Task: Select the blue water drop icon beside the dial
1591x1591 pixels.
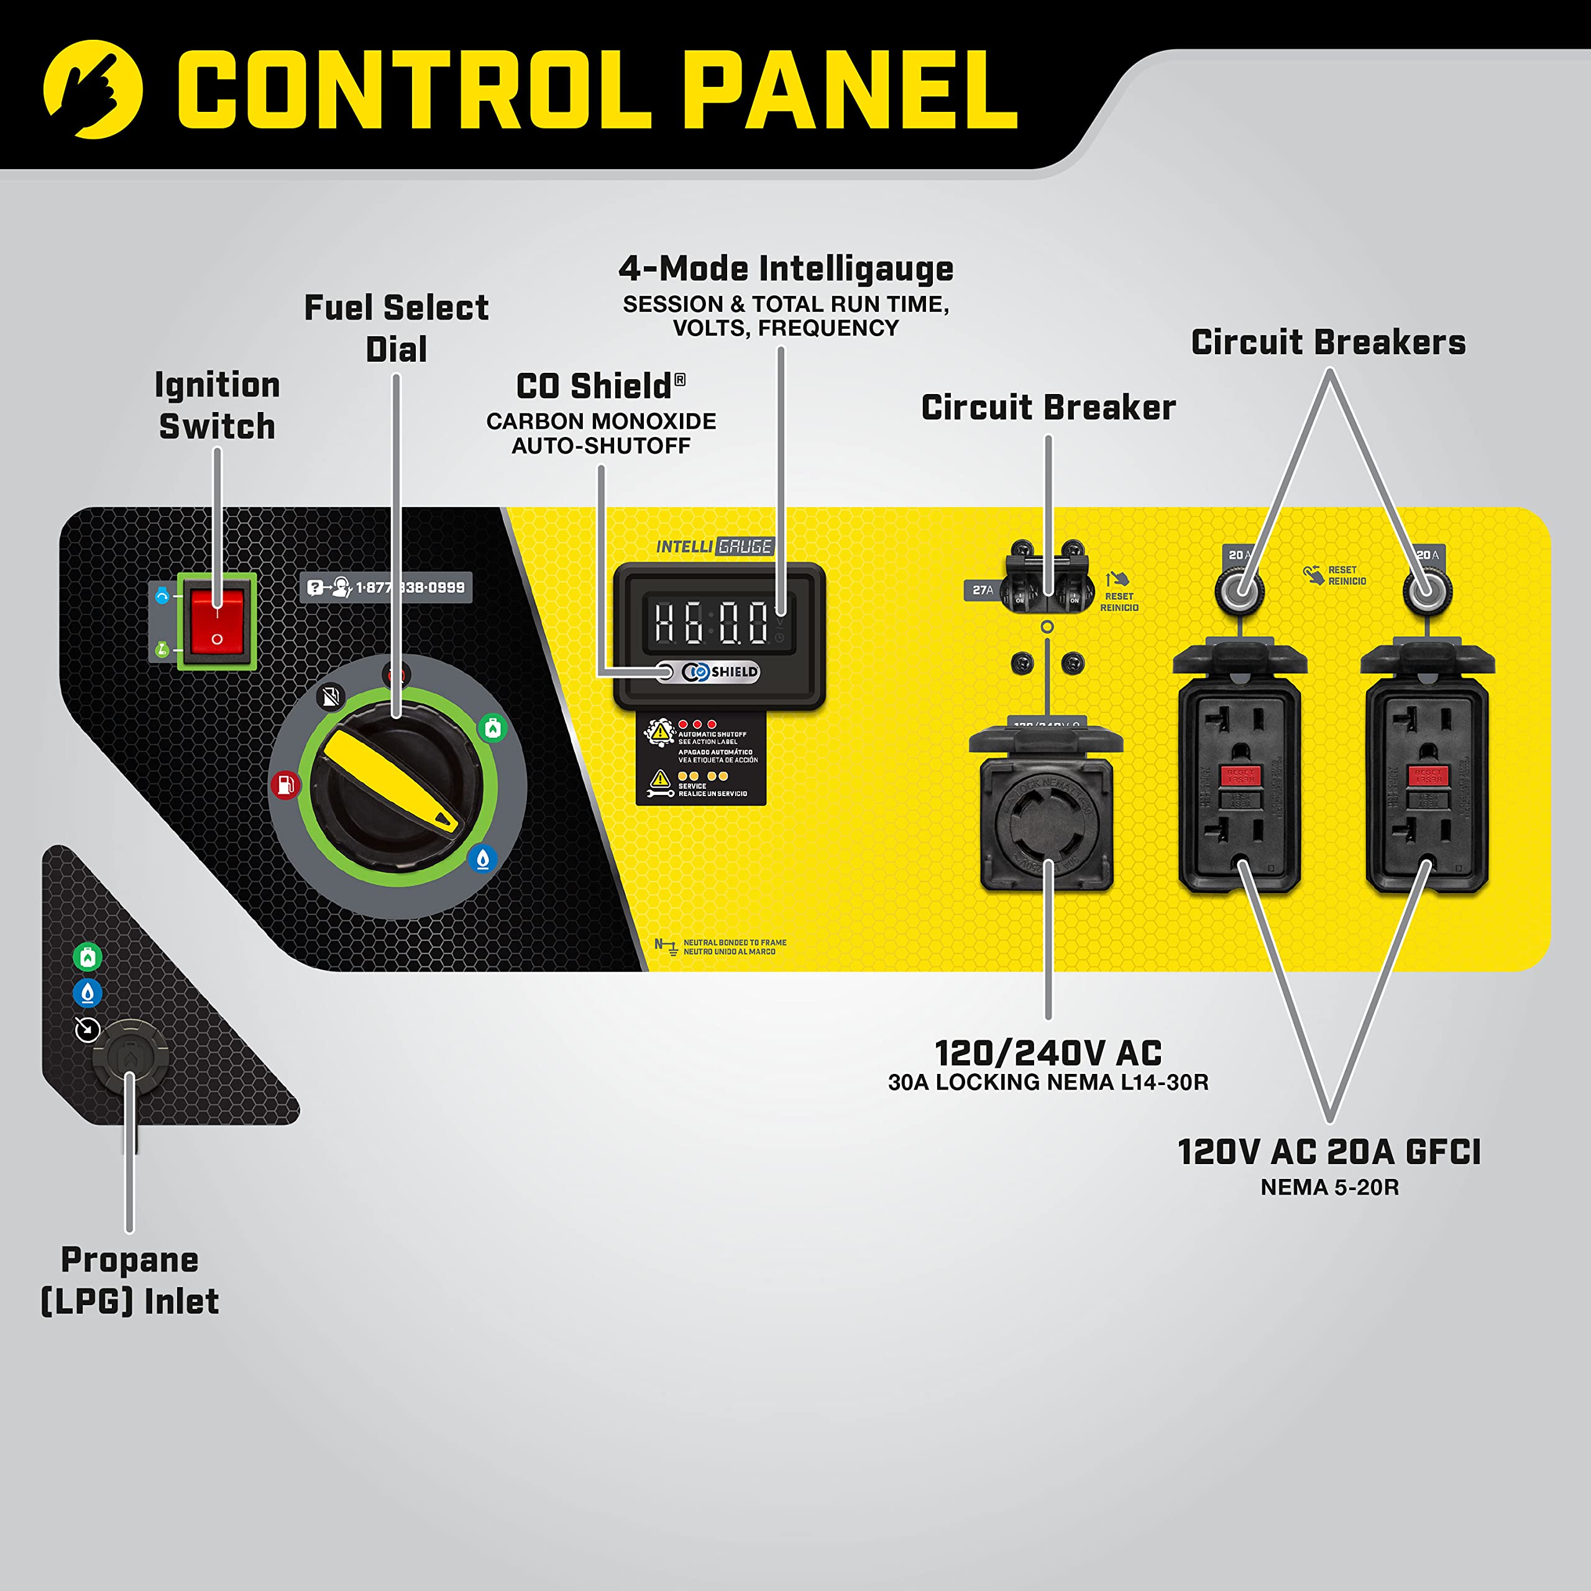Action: [x=482, y=859]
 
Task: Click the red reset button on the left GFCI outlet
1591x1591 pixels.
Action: [x=1240, y=775]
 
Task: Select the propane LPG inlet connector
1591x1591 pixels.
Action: [x=129, y=1057]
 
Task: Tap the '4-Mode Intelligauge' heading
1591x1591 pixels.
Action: [x=786, y=268]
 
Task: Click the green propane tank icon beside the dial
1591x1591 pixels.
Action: [x=492, y=728]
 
